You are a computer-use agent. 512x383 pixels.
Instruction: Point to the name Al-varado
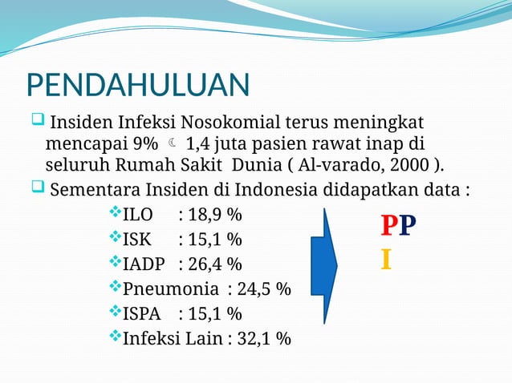point(345,166)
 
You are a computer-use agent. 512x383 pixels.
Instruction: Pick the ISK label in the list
point(139,240)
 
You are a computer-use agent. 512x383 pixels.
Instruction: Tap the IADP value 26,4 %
point(210,264)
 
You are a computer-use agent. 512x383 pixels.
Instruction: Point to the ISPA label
point(141,313)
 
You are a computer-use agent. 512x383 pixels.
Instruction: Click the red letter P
point(388,227)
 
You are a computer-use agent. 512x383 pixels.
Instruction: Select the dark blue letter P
point(407,227)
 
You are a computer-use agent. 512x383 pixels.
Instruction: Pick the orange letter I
point(386,260)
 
